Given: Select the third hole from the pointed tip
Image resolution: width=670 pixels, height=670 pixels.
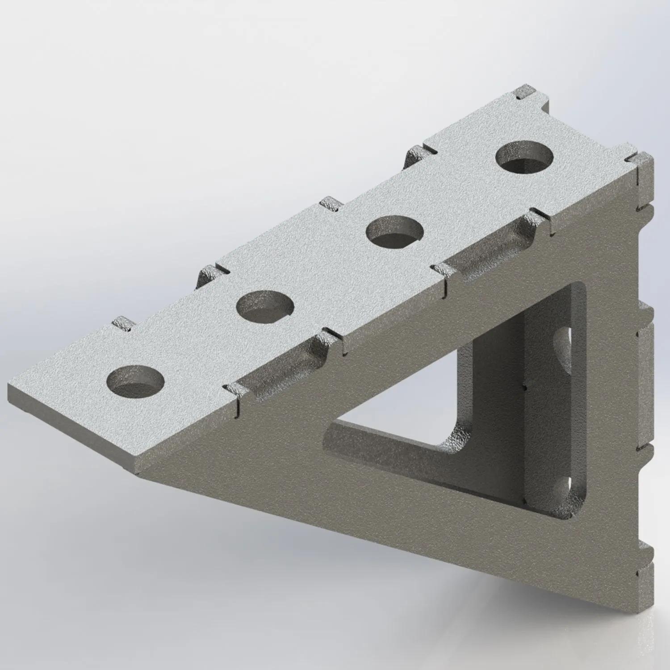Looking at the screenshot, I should [395, 230].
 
